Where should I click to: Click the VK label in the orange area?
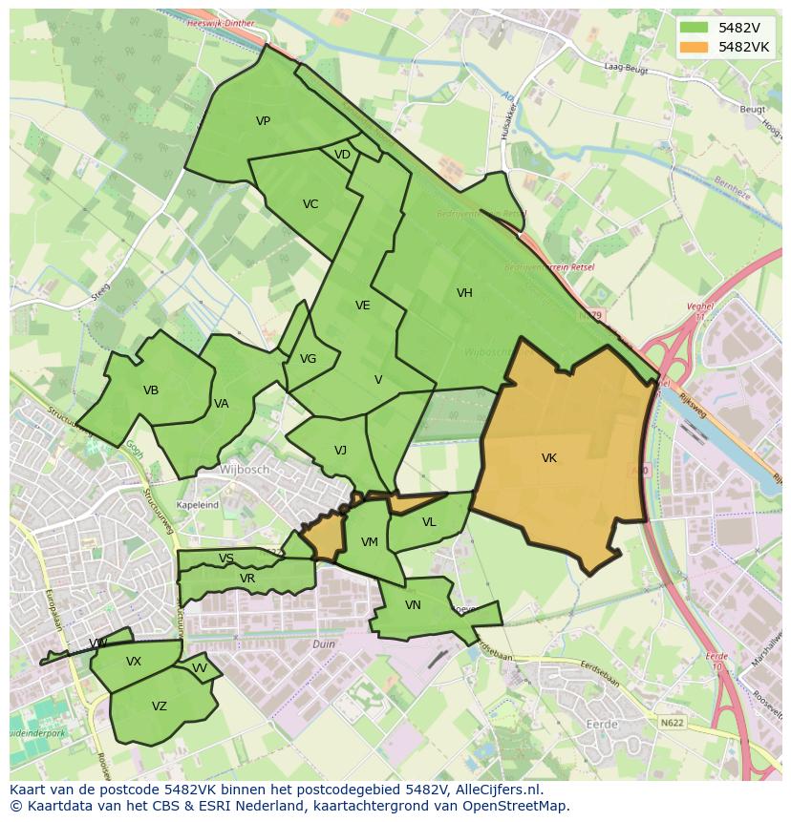[x=548, y=458]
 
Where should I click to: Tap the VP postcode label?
[x=263, y=121]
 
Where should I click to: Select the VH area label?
[x=464, y=293]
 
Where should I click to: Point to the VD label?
[x=342, y=155]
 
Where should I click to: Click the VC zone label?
[x=310, y=204]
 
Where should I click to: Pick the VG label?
[x=308, y=359]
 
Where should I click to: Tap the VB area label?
[x=151, y=390]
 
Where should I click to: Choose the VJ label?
[x=340, y=451]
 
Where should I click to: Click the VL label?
[x=429, y=522]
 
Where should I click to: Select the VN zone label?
[x=413, y=605]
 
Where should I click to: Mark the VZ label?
[x=160, y=706]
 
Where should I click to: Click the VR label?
[x=247, y=579]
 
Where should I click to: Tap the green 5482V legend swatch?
[x=695, y=28]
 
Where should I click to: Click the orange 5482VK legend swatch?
[x=695, y=47]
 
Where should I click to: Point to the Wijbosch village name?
[x=245, y=471]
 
